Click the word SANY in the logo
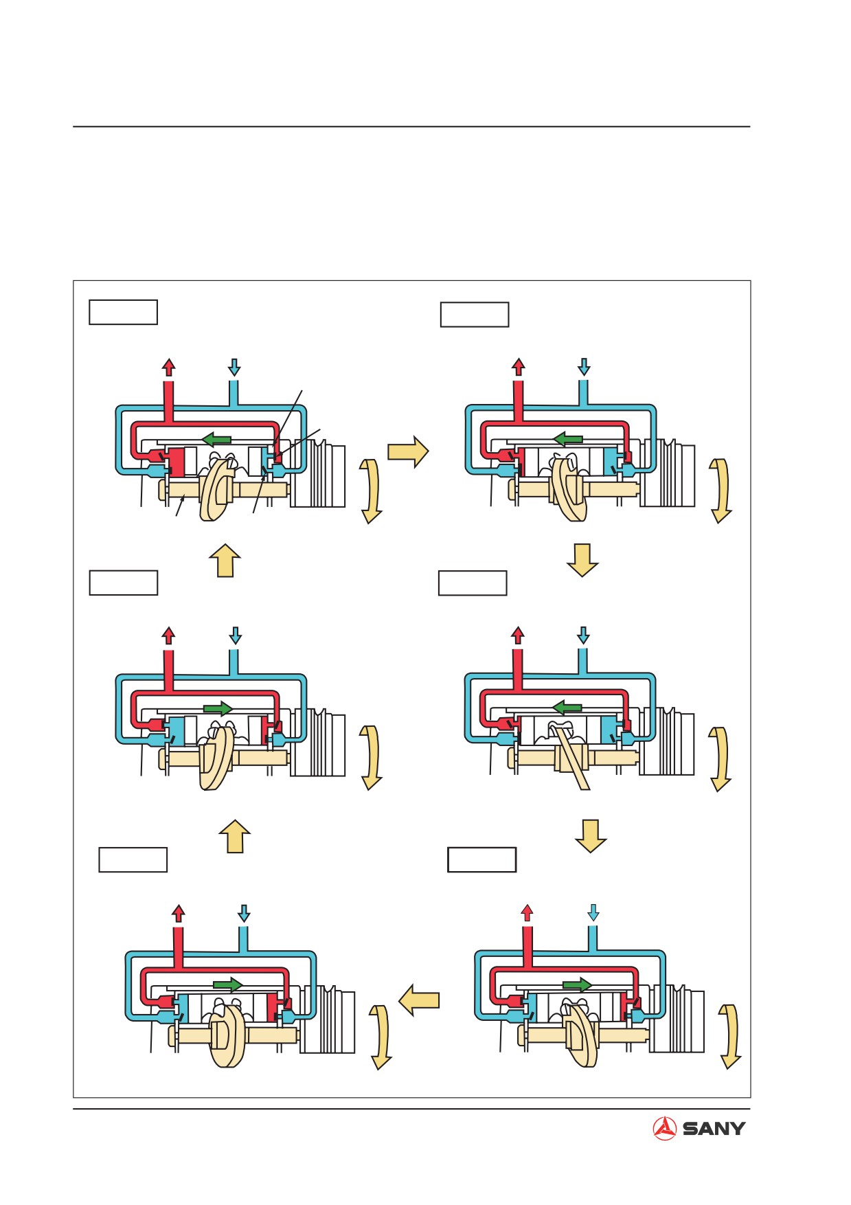pos(714,1128)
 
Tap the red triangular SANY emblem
pos(664,1128)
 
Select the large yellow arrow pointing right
pos(408,451)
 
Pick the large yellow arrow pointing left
pos(418,1000)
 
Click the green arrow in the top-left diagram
pos(216,438)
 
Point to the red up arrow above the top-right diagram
pos(519,367)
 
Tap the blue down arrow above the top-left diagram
pos(234,367)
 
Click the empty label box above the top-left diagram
pos(123,312)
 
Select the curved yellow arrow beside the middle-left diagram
pos(372,758)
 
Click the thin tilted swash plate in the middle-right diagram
pos(572,756)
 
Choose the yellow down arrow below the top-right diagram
pos(582,560)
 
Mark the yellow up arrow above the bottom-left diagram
pos(234,836)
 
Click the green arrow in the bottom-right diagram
pos(577,984)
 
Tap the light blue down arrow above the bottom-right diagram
pos(593,912)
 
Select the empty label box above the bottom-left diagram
pos(133,859)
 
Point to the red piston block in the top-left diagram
pos(177,462)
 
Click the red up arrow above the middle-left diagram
pos(168,635)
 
